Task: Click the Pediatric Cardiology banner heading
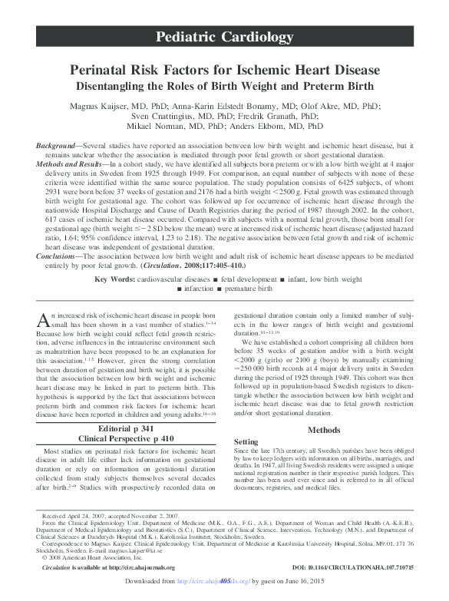(x=224, y=37)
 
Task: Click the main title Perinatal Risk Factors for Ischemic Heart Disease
(x=224, y=68)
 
